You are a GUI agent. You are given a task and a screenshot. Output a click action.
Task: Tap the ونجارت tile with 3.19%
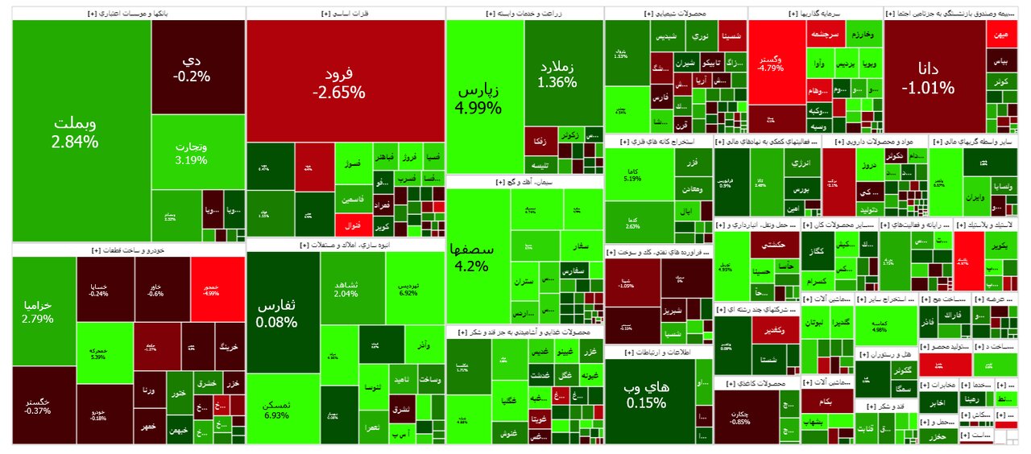[x=191, y=153]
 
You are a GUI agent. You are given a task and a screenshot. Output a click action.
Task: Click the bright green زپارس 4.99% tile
[x=483, y=97]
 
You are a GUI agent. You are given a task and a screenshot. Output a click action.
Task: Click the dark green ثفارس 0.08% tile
[x=277, y=313]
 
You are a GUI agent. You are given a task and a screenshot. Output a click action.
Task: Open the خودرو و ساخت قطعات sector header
[x=129, y=250]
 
